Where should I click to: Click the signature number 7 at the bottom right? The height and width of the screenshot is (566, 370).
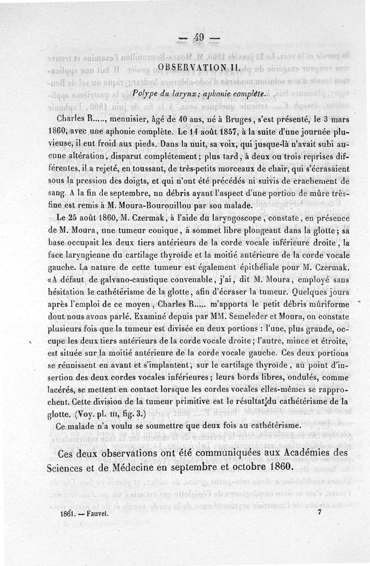pyautogui.click(x=320, y=513)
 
